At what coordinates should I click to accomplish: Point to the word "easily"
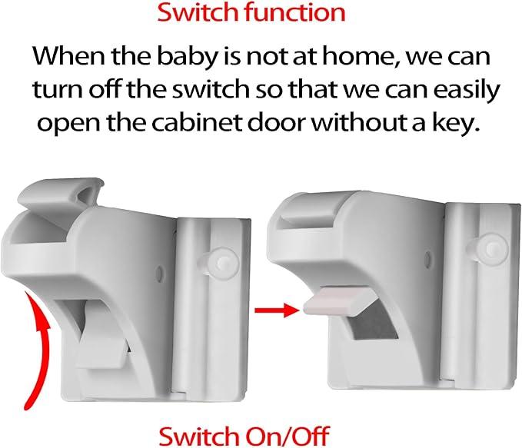[x=461, y=90]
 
